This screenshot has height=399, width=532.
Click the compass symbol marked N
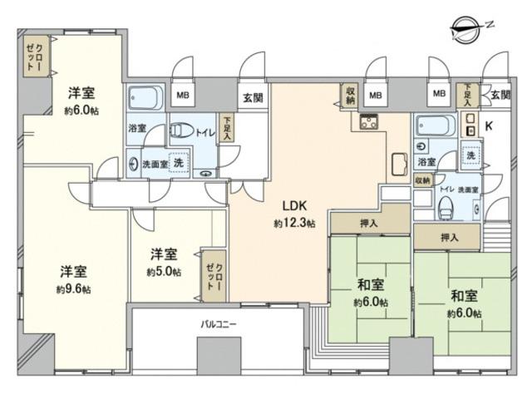pyautogui.click(x=468, y=30)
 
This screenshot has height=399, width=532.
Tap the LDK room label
pyautogui.click(x=295, y=205)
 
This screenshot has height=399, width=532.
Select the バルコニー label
pyautogui.click(x=218, y=324)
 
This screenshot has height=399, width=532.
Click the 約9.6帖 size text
pyautogui.click(x=73, y=289)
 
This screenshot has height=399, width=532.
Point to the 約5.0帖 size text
pyautogui.click(x=164, y=272)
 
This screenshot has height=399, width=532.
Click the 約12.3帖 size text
pyautogui.click(x=294, y=223)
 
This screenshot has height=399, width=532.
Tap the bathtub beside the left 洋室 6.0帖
pyautogui.click(x=146, y=98)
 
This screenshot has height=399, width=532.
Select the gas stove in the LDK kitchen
pyautogui.click(x=369, y=121)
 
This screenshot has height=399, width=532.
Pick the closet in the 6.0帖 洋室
pyautogui.click(x=37, y=57)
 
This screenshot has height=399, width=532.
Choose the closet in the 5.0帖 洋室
pyautogui.click(x=214, y=276)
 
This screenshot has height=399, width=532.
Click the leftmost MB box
pyautogui.click(x=183, y=95)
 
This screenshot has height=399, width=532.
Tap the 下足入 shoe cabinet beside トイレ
pyautogui.click(x=226, y=128)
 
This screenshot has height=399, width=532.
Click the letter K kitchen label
pyautogui.click(x=489, y=126)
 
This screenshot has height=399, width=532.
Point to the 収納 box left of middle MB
pyautogui.click(x=350, y=96)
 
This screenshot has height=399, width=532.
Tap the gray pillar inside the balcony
pyautogui.click(x=219, y=356)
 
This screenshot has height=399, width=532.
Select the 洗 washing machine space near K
pyautogui.click(x=471, y=155)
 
